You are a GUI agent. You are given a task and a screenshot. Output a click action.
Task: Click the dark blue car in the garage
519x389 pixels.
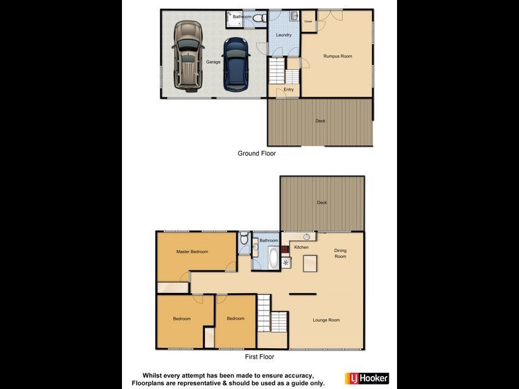click(x=237, y=64)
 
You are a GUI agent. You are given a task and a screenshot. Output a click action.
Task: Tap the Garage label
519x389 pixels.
click(x=213, y=62)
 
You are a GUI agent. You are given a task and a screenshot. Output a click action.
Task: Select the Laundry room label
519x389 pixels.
click(x=284, y=35)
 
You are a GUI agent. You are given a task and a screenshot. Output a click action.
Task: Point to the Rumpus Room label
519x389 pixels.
click(x=337, y=56)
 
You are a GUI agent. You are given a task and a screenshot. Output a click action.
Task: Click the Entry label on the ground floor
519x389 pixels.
click(x=289, y=89)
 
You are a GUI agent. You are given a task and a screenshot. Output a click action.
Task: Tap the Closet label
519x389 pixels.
click(x=308, y=22)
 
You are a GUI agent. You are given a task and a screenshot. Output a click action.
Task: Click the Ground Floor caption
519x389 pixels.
click(x=257, y=154)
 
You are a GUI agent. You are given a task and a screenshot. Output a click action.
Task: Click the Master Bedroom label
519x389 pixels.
click(x=192, y=252)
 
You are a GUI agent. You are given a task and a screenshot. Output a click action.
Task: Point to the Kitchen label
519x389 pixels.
click(x=302, y=248)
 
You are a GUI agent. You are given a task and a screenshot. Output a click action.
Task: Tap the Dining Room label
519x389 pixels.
click(x=341, y=253)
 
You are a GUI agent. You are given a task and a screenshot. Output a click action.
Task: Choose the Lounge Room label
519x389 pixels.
click(x=326, y=320)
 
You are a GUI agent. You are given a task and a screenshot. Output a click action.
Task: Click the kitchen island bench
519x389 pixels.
click(x=311, y=263)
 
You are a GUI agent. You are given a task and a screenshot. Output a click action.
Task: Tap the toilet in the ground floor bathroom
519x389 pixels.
click(x=259, y=18)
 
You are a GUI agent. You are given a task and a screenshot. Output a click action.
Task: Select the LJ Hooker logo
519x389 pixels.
click(x=367, y=377)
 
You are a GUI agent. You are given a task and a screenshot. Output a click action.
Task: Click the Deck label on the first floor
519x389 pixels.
click(x=322, y=203)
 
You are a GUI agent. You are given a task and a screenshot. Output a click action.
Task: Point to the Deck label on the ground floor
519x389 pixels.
click(x=320, y=121)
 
